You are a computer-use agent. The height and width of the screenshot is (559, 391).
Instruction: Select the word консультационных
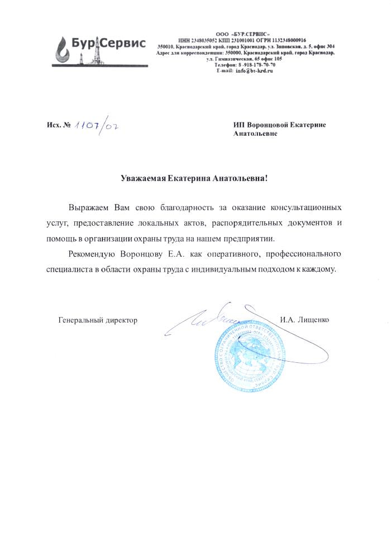(306, 208)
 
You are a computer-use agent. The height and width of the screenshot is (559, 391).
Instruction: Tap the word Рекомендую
(91, 254)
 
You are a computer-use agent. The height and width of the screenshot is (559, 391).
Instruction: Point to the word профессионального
(302, 254)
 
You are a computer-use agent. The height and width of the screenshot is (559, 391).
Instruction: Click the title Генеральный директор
(98, 320)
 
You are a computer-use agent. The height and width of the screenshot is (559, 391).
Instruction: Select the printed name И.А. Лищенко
(305, 320)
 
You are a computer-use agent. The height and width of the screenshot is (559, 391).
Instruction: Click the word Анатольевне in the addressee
(255, 134)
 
